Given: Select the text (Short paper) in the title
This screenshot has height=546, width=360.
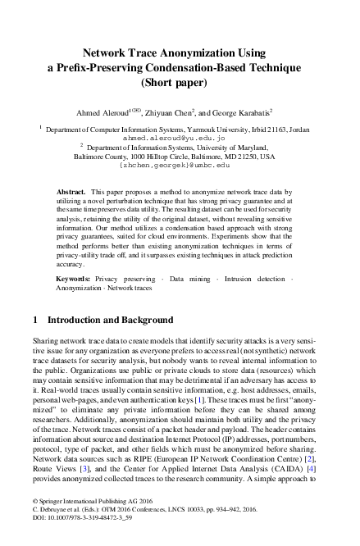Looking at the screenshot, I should coord(179,82).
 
